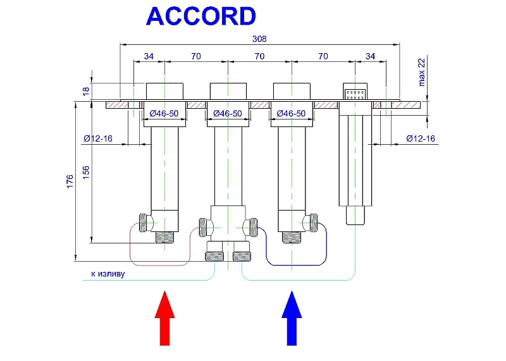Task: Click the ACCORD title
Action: pos(201,16)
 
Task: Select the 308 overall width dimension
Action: pos(259,39)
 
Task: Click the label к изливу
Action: pos(108,274)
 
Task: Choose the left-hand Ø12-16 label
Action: pos(97,138)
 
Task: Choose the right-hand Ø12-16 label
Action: pos(420,138)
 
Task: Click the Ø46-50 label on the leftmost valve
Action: pos(164,114)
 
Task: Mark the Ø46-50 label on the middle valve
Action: pos(228,114)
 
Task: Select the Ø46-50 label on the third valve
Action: pos(291,114)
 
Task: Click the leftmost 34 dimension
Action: pos(149,56)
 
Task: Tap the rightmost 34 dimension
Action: pos(370,56)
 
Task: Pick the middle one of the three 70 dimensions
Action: pos(259,56)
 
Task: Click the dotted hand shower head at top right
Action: pos(355,93)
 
